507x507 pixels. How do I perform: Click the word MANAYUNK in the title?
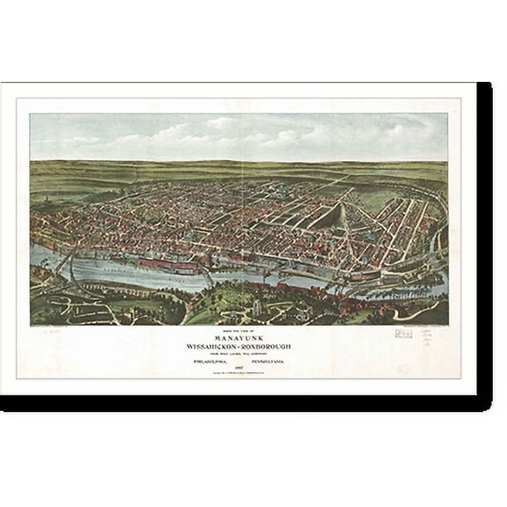239,335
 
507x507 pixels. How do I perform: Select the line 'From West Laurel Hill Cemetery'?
239,353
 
